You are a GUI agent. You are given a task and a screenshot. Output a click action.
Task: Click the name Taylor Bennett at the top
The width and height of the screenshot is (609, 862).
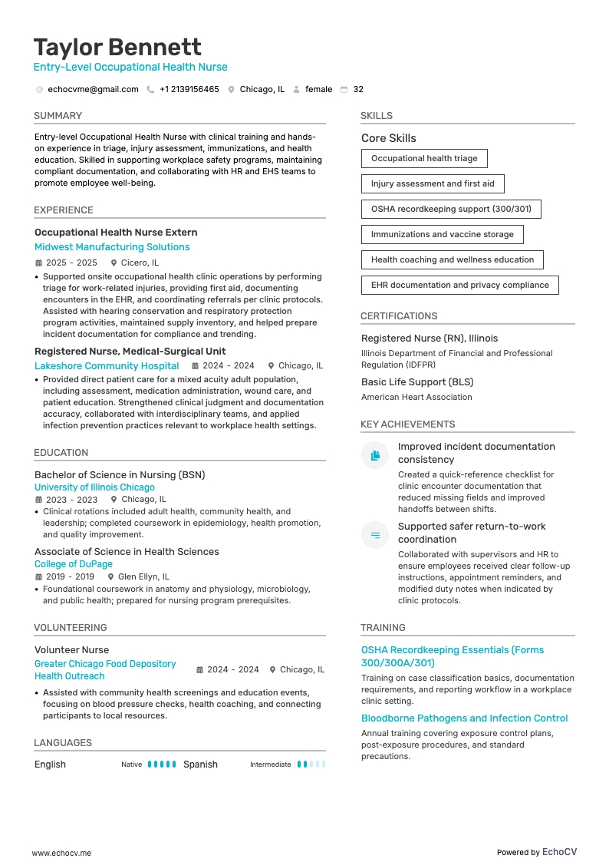tap(117, 47)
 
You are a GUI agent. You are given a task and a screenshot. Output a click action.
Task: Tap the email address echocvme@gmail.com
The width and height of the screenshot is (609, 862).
tap(93, 89)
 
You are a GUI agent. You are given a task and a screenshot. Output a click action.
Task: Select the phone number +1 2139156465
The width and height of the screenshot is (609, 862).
tap(189, 89)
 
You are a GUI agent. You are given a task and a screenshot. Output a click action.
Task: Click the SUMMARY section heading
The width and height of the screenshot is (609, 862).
tap(58, 116)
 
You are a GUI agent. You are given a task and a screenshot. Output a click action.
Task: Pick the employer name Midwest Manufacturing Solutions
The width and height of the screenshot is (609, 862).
tap(112, 247)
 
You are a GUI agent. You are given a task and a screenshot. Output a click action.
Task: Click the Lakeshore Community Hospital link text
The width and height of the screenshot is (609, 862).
tap(107, 366)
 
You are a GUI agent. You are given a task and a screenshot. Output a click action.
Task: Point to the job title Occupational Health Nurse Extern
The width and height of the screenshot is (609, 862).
tap(116, 233)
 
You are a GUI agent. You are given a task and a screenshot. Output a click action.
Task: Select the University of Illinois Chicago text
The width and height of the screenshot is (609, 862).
tap(94, 487)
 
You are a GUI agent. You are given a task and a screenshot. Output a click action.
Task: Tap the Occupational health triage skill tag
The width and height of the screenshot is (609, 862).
tap(424, 158)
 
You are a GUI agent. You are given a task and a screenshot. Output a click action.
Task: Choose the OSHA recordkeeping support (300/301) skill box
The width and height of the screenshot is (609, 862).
tap(451, 209)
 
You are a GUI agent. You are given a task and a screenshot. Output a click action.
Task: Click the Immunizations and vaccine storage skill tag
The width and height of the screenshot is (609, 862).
tap(443, 234)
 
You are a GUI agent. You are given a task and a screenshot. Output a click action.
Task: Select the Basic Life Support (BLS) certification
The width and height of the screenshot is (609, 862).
tap(417, 382)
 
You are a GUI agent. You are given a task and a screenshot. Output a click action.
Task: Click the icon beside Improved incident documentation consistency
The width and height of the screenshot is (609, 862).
tap(375, 455)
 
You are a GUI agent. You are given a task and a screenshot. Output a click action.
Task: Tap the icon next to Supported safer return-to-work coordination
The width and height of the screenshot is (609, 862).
tap(375, 535)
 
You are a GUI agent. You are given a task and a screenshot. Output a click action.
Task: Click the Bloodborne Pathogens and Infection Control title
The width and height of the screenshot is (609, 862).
tap(464, 718)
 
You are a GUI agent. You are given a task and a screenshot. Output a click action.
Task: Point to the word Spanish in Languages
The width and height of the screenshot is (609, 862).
tap(200, 765)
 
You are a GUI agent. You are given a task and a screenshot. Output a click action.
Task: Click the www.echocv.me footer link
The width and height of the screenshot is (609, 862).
tap(61, 853)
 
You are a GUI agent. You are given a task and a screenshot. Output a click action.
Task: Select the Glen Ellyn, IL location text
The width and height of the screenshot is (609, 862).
tap(143, 576)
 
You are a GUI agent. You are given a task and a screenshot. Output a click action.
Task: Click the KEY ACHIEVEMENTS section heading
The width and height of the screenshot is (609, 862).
tap(407, 424)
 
